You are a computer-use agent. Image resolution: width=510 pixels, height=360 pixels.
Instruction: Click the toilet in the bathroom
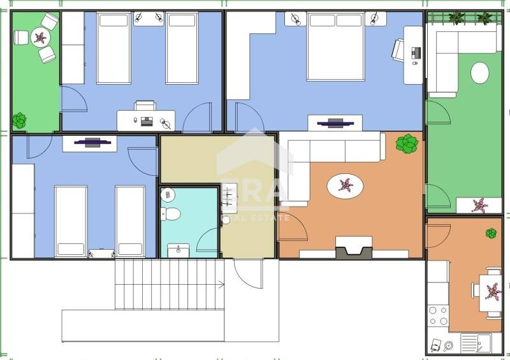(x=170, y=213)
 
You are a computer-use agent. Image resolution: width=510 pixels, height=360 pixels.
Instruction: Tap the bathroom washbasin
(x=178, y=250)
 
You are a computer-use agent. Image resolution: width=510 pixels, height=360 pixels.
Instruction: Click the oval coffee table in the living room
(x=346, y=186)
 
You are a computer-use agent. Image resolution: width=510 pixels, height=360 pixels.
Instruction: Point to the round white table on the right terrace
(x=479, y=73)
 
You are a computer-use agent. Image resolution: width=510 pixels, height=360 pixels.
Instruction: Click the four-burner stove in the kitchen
(x=438, y=315)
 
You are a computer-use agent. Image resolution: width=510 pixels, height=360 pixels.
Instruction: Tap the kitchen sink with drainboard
(x=475, y=344)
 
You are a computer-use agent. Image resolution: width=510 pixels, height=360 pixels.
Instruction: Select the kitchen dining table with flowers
(x=492, y=291)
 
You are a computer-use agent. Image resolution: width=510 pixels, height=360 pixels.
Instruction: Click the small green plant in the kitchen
(x=491, y=234)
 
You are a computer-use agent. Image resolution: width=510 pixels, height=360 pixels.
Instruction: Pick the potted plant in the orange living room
(x=407, y=143)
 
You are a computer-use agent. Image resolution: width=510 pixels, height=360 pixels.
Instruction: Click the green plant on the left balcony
(x=19, y=120)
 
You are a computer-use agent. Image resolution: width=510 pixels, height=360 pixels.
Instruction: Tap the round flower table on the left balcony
(x=40, y=38)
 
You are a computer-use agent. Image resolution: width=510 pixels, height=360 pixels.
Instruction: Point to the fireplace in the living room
(x=353, y=247)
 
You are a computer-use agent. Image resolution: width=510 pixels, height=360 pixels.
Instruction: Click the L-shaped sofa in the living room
(x=319, y=159)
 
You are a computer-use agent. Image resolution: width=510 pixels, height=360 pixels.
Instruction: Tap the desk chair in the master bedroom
(x=398, y=50)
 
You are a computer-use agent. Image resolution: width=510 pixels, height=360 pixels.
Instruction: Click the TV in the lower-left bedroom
(x=90, y=143)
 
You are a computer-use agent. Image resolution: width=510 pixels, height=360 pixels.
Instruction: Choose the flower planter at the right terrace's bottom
(x=479, y=205)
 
